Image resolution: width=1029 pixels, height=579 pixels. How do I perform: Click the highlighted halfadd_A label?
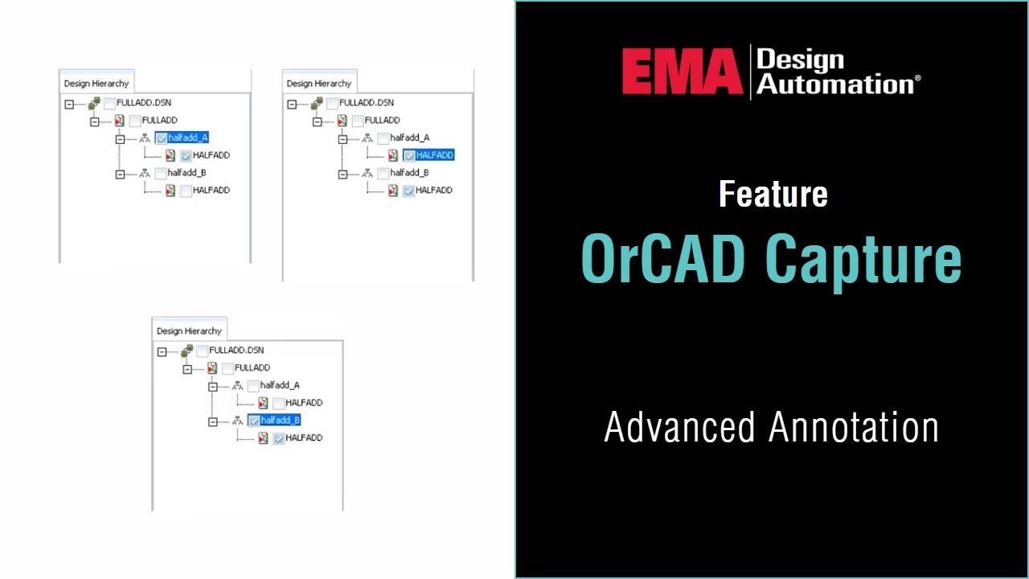pos(188,138)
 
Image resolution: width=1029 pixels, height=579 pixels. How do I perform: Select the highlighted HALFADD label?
pos(435,155)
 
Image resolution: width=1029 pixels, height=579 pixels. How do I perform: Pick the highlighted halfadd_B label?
pos(281,421)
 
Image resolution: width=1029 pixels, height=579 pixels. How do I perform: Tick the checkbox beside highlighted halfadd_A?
pos(162,138)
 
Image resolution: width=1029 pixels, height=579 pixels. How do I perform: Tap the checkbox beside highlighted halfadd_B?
pos(254,421)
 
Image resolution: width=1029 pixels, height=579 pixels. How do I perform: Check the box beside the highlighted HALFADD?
pos(409,155)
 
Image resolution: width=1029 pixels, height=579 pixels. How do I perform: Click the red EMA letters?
pos(682,72)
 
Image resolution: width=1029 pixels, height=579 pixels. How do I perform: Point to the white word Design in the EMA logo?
pos(800,60)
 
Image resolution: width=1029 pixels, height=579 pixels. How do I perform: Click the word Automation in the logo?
pos(834,84)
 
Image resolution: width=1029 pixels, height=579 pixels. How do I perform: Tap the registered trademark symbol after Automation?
pos(917,79)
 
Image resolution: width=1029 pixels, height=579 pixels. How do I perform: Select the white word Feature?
pos(773,195)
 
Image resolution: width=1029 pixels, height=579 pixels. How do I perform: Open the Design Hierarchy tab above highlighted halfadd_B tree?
pos(189,331)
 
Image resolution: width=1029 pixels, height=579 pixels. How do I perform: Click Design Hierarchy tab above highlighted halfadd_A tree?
pos(96,84)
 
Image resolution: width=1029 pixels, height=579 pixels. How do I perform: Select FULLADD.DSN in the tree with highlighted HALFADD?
pos(367,103)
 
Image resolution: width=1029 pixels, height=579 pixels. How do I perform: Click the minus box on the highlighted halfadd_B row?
pos(213,421)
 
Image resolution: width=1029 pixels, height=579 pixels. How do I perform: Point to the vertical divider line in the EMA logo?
pos(750,72)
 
